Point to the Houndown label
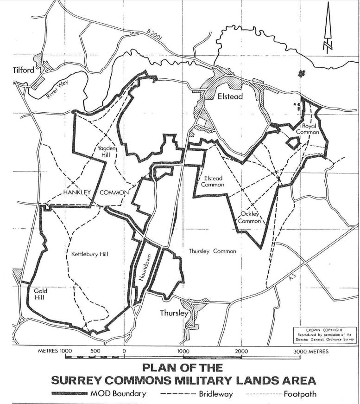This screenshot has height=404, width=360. tap(143, 268)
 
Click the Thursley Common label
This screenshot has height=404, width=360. tap(212, 251)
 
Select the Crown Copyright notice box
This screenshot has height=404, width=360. tap(325, 334)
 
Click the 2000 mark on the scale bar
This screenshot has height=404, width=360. tap(241, 352)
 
